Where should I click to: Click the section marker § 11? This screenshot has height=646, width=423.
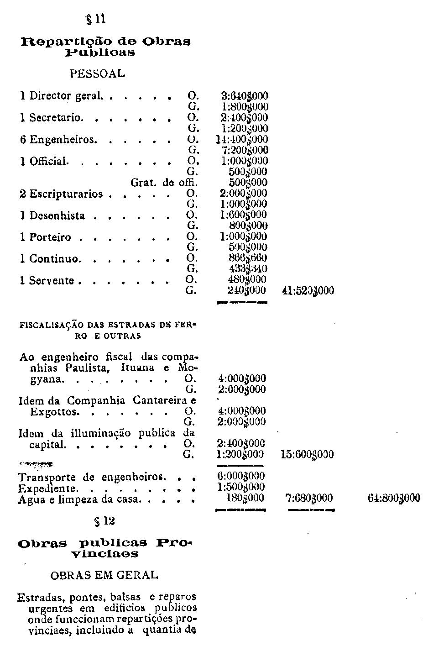point(96,19)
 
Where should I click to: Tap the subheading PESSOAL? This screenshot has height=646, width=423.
point(97,74)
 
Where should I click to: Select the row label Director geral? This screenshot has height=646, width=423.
point(66,96)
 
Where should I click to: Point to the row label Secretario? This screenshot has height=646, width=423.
point(56,117)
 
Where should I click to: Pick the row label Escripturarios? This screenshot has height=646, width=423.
point(66,194)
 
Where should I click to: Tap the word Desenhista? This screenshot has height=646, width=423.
point(57,215)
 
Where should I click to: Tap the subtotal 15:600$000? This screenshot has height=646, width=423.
point(308,455)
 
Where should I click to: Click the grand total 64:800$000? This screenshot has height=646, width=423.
point(394,498)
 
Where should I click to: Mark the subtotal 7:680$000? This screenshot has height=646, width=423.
point(309,498)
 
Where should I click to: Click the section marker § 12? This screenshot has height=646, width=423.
point(104,521)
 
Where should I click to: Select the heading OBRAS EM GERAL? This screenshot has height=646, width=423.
point(104,575)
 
